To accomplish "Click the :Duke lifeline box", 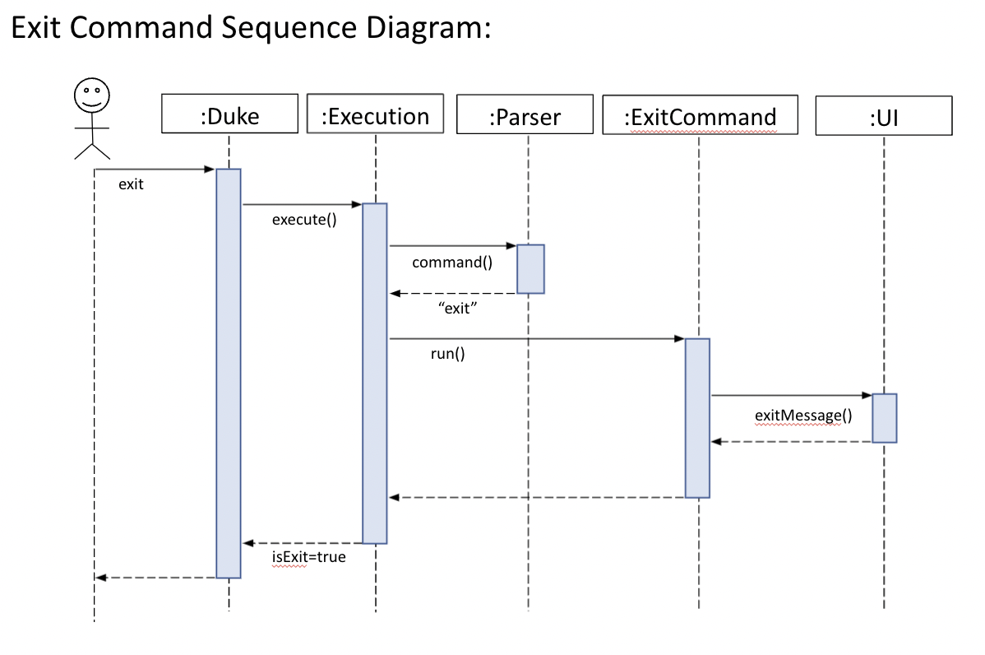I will point(229,114).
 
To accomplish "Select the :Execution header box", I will point(375,114).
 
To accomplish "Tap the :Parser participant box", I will point(524,115).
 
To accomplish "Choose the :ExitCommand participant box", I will point(699,115).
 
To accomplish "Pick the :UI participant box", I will point(884,117).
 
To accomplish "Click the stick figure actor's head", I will point(91,95).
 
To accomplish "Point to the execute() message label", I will point(304,221).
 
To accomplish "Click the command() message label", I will point(451,262).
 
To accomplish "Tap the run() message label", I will point(447,355).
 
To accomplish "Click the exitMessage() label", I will point(802,416).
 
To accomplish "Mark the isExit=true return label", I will point(309,557).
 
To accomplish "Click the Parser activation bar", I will point(530,268).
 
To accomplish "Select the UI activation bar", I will point(884,418).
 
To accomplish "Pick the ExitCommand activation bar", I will point(697,417).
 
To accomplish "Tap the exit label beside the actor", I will point(131,184).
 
